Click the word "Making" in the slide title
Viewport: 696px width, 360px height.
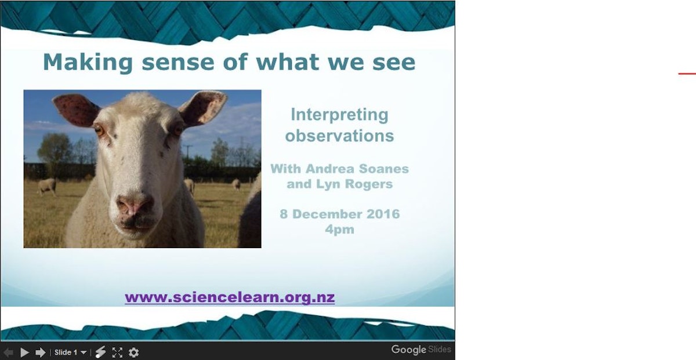tap(79, 62)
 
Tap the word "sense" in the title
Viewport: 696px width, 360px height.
tap(158, 62)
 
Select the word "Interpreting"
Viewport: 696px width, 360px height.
tap(339, 115)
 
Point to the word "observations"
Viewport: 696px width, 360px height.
tap(339, 136)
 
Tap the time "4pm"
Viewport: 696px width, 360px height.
tap(340, 229)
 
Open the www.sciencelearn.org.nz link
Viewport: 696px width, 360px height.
tap(230, 297)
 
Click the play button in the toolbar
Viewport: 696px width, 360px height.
tap(24, 352)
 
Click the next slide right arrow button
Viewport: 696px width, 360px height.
tap(41, 352)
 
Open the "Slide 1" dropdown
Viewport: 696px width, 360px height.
tap(70, 352)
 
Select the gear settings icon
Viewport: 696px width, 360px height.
tap(134, 352)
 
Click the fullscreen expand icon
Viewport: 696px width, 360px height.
tap(117, 352)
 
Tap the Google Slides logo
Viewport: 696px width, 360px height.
tap(420, 350)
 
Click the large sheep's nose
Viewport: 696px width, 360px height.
tap(135, 205)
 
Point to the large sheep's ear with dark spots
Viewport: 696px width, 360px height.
tap(77, 110)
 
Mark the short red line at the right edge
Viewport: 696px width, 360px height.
tap(687, 74)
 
